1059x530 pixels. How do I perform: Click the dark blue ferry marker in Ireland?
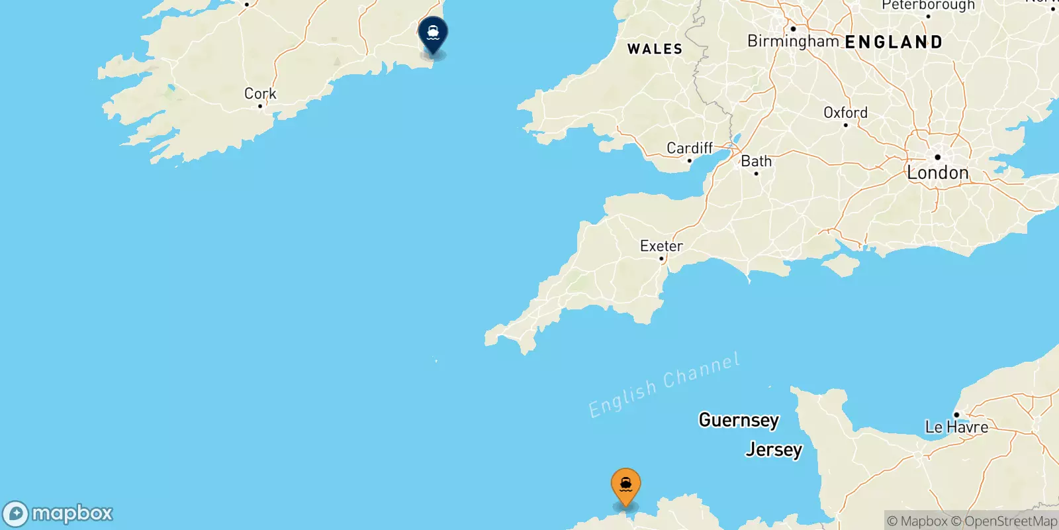[433, 33]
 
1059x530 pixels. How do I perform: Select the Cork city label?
[260, 93]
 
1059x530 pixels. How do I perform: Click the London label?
[937, 173]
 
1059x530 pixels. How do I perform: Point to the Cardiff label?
[690, 148]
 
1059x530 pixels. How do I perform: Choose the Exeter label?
[661, 246]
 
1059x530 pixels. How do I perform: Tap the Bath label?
[756, 161]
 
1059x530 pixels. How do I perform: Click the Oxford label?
[845, 113]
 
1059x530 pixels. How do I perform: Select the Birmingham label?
[793, 41]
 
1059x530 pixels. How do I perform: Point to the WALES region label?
[655, 49]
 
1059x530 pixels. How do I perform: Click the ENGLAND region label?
[894, 42]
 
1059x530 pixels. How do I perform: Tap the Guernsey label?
[739, 420]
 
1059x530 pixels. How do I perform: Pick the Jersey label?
[773, 450]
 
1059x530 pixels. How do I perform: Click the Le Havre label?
[956, 427]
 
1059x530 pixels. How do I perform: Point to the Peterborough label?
[928, 6]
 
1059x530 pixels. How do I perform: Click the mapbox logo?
[58, 513]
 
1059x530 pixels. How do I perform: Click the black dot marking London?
[937, 157]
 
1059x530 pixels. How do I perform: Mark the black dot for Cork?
[260, 106]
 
